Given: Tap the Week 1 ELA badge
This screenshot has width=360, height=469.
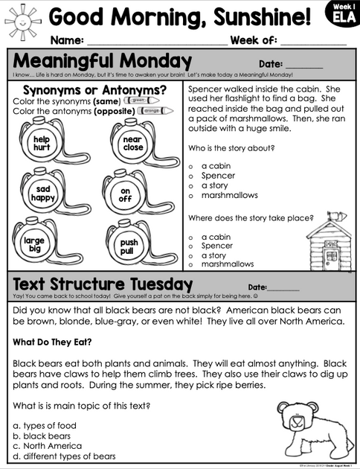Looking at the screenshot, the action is click(344, 14).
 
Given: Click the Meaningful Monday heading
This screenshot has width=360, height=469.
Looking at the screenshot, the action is click(102, 60).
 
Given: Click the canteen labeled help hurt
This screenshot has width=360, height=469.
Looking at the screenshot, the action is click(41, 143).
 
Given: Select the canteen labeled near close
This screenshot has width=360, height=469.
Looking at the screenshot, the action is click(132, 143).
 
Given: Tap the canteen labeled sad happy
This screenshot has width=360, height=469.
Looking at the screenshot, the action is click(42, 194).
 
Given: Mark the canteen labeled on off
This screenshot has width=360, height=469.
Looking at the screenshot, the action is click(126, 194).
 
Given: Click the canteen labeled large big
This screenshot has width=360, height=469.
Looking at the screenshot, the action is click(34, 245).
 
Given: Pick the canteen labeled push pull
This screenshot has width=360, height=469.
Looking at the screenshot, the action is click(129, 246).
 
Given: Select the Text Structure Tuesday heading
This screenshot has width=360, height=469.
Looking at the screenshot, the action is click(103, 284).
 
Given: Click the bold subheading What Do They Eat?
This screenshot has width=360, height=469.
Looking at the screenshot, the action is click(52, 342).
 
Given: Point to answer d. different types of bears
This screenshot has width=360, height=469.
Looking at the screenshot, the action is click(65, 456).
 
